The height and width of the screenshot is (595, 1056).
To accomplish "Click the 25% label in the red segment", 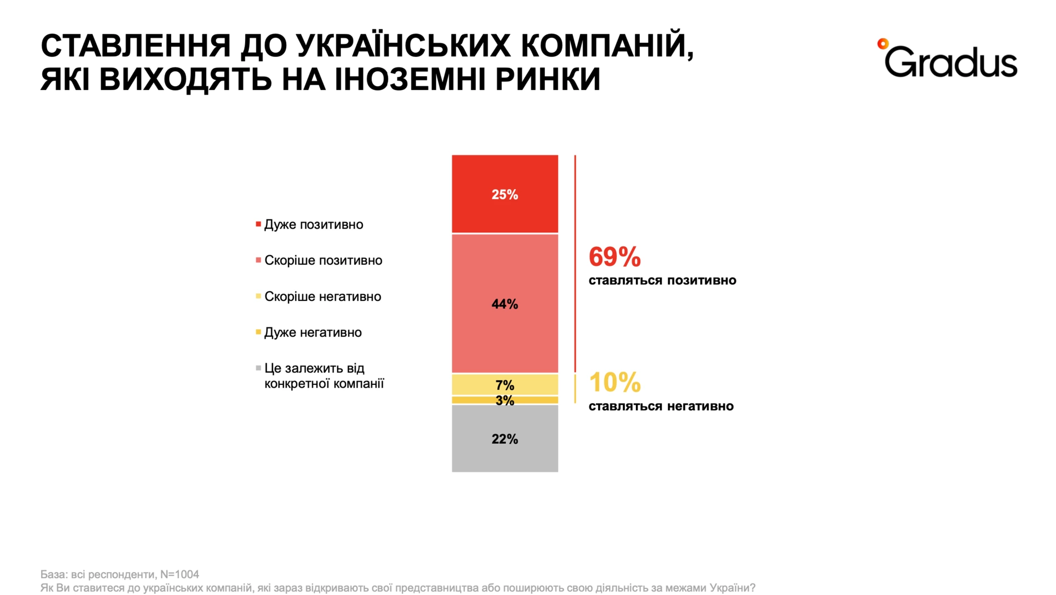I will [x=505, y=195].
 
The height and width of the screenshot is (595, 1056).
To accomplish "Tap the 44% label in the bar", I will [x=505, y=304].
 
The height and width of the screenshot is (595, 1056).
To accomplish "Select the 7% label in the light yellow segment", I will [x=505, y=385].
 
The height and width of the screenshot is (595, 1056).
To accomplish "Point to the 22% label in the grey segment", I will [x=505, y=439].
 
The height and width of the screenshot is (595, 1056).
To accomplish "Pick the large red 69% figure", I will [x=615, y=257].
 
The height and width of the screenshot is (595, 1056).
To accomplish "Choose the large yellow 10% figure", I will [x=615, y=383].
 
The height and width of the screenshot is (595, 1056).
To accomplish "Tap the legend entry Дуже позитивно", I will [x=313, y=225].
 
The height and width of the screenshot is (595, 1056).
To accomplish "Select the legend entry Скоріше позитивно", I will [x=323, y=260].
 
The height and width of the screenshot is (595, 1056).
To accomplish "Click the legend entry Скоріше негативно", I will [x=322, y=296].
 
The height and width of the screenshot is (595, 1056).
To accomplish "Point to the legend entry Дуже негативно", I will [x=312, y=333].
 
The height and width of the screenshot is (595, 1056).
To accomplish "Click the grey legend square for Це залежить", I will [x=258, y=368].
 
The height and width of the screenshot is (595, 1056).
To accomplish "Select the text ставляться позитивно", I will [x=662, y=280].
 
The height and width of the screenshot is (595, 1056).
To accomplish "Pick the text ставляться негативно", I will [x=661, y=406].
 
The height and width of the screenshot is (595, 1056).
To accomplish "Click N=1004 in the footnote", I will [x=180, y=574].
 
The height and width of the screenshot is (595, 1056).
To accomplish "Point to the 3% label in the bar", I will [x=505, y=400].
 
